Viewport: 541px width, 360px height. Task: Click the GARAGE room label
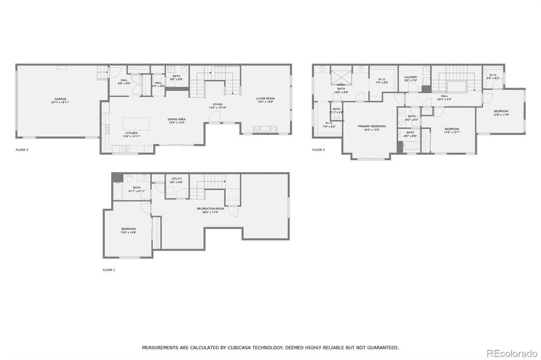(60, 98)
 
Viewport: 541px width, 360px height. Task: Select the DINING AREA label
(177, 119)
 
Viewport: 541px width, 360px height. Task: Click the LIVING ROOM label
(265, 98)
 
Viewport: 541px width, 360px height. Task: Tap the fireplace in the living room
(264, 128)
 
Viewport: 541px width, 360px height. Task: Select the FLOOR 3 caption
(318, 149)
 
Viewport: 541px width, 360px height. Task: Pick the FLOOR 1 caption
(109, 270)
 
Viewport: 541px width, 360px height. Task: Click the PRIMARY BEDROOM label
(372, 126)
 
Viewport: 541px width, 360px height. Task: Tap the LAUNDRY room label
(411, 76)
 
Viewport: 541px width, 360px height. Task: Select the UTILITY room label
(177, 178)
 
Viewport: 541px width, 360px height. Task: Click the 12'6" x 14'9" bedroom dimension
(129, 232)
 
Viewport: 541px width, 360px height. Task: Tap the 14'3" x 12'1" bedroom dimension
(452, 132)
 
